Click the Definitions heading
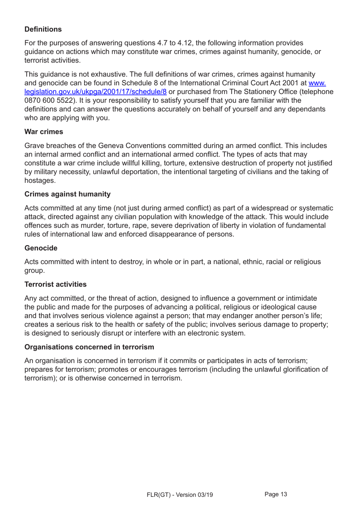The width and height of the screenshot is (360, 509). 43,29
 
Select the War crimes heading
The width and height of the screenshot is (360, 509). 44,132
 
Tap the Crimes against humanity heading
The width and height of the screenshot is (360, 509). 67,194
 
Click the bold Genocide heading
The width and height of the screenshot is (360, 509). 41,248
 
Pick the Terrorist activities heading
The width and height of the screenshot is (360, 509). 55,284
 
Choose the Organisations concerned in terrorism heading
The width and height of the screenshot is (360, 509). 89,347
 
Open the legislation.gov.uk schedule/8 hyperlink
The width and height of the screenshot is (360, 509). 95,92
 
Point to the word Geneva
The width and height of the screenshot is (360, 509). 110,146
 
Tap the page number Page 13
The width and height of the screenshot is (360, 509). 275,494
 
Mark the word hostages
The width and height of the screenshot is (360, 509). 40,181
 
